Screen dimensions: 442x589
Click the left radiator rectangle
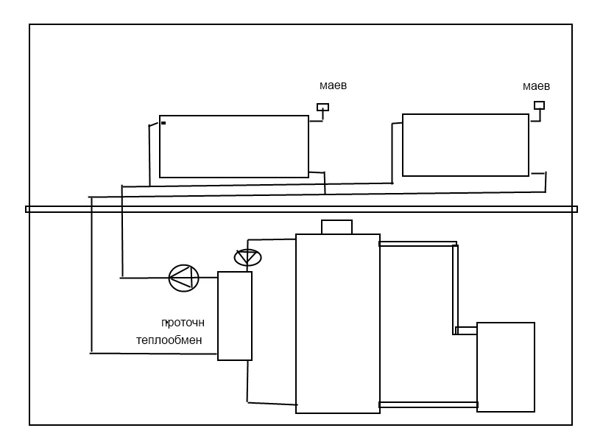pyautogui.click(x=234, y=147)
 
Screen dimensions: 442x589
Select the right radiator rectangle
pyautogui.click(x=465, y=145)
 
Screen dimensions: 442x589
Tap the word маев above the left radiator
pyautogui.click(x=334, y=86)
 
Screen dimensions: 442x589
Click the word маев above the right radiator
pyautogui.click(x=536, y=86)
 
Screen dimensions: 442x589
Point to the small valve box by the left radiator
pyautogui.click(x=322, y=108)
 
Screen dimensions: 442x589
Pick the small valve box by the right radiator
pyautogui.click(x=539, y=105)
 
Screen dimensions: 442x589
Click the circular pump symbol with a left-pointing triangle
pyautogui.click(x=184, y=278)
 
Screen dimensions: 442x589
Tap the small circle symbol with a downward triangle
pyautogui.click(x=247, y=258)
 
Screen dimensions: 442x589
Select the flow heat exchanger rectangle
pyautogui.click(x=235, y=315)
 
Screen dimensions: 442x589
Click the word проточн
pyautogui.click(x=183, y=323)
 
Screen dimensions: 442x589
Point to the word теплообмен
pyautogui.click(x=169, y=340)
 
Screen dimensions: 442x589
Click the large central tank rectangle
pyautogui.click(x=338, y=323)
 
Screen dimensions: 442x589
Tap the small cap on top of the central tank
pyautogui.click(x=336, y=227)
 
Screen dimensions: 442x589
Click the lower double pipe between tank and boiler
pyautogui.click(x=428, y=404)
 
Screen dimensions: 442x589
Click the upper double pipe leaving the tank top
pyautogui.click(x=417, y=244)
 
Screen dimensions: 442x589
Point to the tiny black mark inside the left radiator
pyautogui.click(x=163, y=123)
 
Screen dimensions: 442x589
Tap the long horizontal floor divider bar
pyautogui.click(x=302, y=209)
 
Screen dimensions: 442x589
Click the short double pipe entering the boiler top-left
pyautogui.click(x=467, y=330)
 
